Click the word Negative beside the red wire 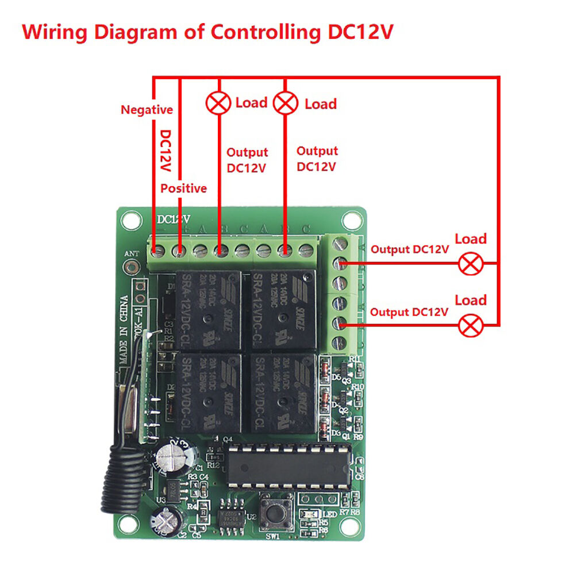coord(146,110)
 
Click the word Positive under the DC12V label coord(183,189)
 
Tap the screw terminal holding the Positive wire coord(179,251)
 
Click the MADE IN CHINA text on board coord(124,330)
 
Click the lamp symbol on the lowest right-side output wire coord(471,326)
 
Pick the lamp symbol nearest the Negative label coord(218,103)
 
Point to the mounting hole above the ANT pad coord(130,220)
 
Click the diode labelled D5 coord(325,367)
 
